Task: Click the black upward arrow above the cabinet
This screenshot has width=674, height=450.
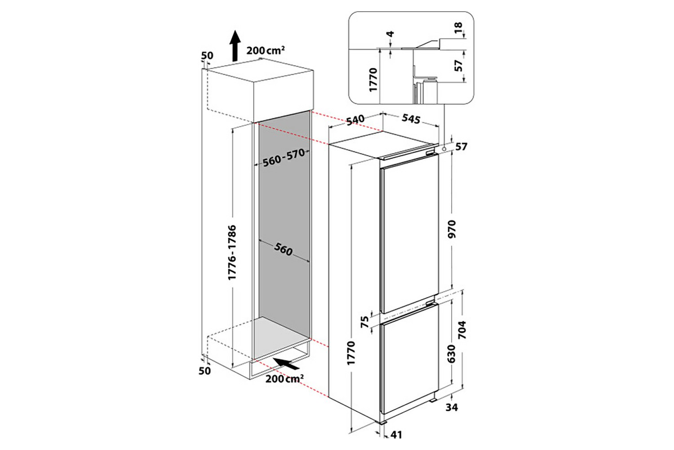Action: click(235, 45)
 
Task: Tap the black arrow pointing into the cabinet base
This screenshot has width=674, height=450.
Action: click(286, 364)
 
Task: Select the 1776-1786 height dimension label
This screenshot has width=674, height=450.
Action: click(232, 252)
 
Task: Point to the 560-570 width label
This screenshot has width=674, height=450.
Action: click(284, 158)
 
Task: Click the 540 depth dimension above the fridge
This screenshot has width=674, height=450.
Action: click(355, 120)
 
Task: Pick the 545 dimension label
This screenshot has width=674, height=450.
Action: click(411, 119)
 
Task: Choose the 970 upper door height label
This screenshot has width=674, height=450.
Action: click(452, 229)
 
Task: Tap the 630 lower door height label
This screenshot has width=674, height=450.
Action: click(452, 354)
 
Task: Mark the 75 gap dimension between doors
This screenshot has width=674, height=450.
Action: click(364, 322)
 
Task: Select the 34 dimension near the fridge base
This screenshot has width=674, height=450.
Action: click(452, 408)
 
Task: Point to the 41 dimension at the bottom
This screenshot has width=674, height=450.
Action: click(396, 435)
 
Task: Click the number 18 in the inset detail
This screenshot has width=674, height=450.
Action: click(458, 28)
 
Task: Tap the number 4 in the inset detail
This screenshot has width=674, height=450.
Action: click(390, 34)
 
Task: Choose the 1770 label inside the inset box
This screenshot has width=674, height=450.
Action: click(373, 80)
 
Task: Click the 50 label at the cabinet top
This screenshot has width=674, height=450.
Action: click(207, 55)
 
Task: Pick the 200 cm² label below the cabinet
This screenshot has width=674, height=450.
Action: click(284, 379)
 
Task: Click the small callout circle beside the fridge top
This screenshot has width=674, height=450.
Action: click(444, 149)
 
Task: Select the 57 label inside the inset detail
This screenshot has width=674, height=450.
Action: click(458, 66)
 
